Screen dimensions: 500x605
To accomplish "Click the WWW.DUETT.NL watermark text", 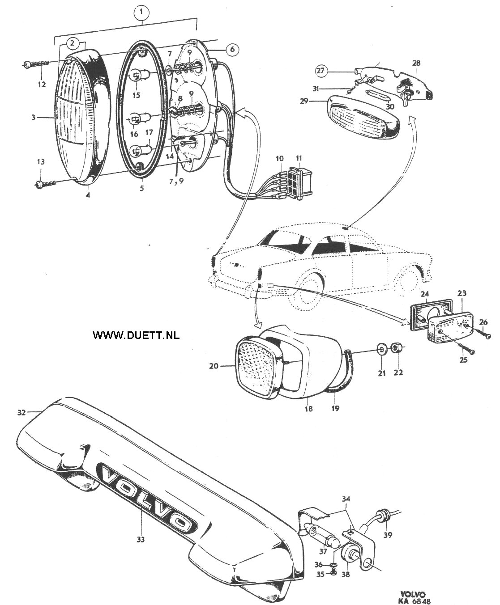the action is coord(136,335).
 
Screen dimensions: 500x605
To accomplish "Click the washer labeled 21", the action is coord(381,349).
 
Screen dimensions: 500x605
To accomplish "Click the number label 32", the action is coord(21,413).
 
